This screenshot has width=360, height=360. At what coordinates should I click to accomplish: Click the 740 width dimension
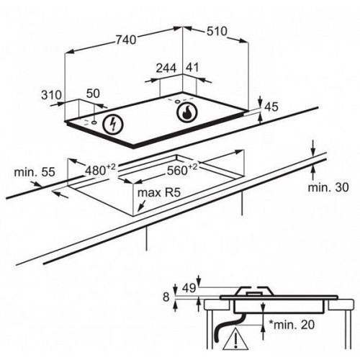point(126,40)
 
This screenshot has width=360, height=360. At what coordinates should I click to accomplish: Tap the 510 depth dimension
point(217,32)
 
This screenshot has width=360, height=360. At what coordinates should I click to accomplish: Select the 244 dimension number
point(166,68)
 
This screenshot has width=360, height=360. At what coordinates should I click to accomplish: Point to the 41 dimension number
point(192,68)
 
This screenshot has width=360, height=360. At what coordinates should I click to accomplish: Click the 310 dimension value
point(51,95)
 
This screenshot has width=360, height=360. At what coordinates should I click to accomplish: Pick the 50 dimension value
point(93,94)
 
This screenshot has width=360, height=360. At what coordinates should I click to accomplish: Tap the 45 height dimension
point(271,107)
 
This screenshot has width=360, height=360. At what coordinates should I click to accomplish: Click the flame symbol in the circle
point(187,112)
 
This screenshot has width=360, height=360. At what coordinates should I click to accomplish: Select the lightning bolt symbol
point(112,124)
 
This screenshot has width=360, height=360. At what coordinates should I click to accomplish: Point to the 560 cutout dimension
point(182,169)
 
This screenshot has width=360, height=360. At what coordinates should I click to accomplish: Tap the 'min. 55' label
point(35,172)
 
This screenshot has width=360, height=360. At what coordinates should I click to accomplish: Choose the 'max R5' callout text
point(158,192)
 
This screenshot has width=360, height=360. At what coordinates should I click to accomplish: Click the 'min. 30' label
point(328,187)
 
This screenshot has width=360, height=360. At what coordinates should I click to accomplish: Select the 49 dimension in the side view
point(189,288)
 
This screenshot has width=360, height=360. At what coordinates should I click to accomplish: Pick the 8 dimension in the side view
point(166,297)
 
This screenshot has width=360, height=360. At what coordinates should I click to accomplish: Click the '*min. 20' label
point(291,325)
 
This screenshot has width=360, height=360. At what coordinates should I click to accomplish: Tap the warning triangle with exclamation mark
point(235,340)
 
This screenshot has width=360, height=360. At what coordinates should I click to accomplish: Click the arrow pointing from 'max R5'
point(142,206)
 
